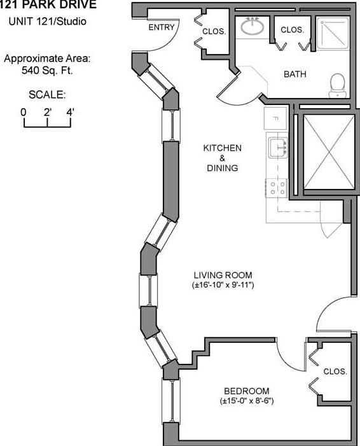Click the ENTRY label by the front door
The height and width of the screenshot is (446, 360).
coord(161,27)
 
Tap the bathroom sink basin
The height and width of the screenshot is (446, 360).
coord(253,27)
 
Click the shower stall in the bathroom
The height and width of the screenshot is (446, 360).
coord(333,34)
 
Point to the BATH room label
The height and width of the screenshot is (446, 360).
coord(295,74)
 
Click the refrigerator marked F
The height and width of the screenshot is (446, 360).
coord(275,118)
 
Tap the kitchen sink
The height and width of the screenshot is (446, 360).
coord(278,148)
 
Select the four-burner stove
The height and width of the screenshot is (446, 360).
coord(277,188)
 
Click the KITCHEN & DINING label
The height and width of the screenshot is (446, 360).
coord(223,158)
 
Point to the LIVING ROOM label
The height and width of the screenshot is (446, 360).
coord(223,275)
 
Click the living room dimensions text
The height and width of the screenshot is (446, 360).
coord(223,285)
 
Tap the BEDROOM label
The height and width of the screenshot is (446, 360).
coord(247,391)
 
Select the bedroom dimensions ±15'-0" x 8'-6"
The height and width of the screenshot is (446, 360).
coord(247,401)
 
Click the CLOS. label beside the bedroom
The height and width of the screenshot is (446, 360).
coord(335,372)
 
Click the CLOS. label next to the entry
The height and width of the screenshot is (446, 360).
coord(214,31)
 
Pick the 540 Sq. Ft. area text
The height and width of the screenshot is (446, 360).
coord(47,70)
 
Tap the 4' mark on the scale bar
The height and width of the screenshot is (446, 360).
coord(70,113)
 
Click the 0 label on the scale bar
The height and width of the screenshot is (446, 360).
coord(24,113)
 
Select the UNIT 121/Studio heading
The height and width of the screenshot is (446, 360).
coord(48,22)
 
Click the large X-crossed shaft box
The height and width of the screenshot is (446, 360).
coord(329,152)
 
